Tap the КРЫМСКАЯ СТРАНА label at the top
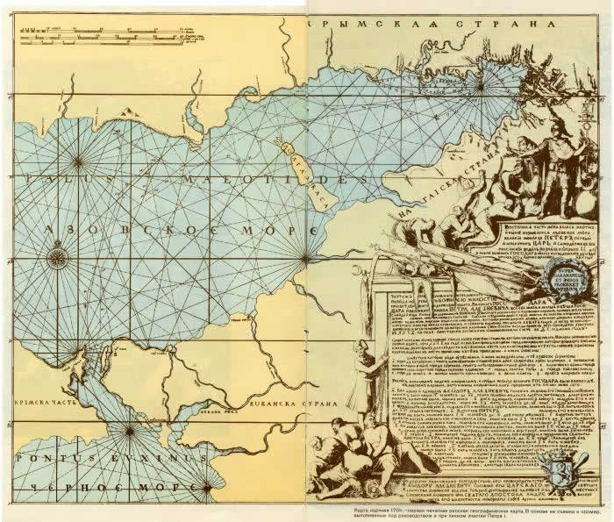point(430,25)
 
